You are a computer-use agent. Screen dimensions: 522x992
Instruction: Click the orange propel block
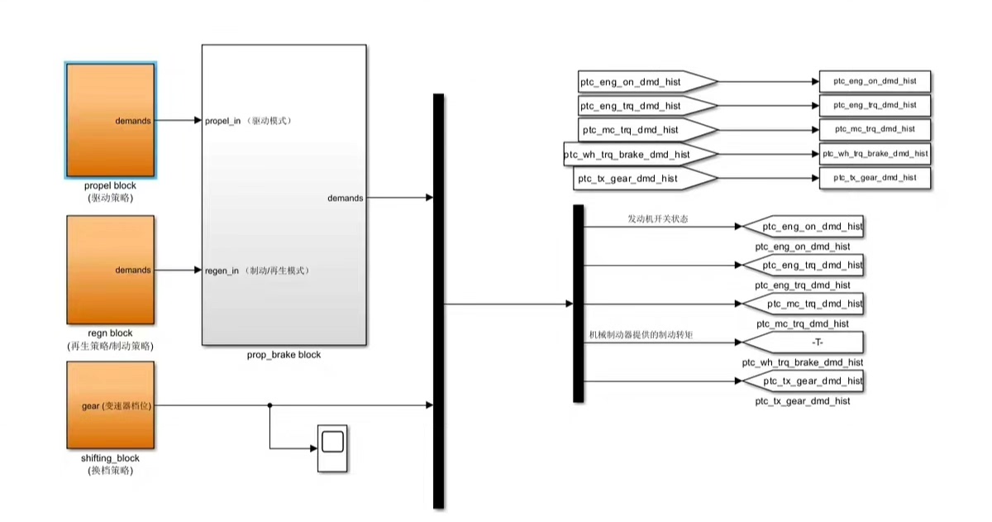coord(110,120)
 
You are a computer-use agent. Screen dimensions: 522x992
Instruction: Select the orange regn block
coord(110,270)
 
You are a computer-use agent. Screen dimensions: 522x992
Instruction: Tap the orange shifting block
coord(110,405)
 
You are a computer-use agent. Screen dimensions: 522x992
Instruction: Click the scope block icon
coord(332,448)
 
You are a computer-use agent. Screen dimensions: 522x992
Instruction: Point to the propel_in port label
coord(222,121)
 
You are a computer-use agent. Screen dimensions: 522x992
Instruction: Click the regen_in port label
coord(222,271)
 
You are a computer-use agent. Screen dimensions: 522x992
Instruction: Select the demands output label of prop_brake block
coord(345,199)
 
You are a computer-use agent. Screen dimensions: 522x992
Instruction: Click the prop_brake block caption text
coord(284,355)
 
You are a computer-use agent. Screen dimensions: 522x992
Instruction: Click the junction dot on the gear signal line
coord(269,405)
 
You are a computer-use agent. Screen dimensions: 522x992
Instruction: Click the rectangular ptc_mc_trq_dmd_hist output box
coord(875,129)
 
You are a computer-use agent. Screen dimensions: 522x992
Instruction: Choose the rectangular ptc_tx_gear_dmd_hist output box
coord(875,178)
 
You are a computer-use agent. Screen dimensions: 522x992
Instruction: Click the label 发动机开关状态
coord(657,219)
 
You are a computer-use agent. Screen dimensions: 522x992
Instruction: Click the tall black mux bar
coord(438,301)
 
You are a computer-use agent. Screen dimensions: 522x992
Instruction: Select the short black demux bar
coord(578,304)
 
